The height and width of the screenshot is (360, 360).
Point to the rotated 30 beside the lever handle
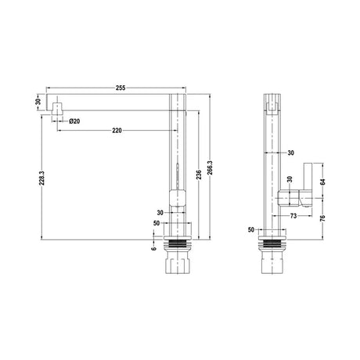288,179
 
